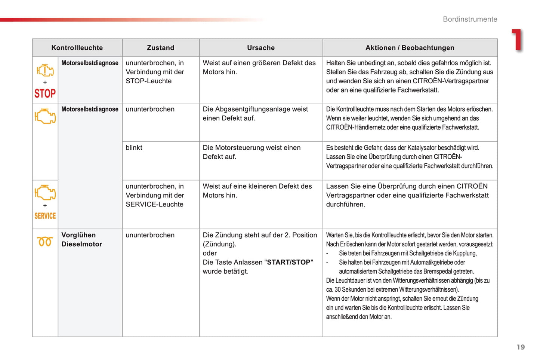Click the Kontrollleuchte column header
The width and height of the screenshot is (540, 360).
point(77,48)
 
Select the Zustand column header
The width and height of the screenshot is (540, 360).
point(160,48)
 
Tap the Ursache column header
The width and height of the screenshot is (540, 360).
point(261,48)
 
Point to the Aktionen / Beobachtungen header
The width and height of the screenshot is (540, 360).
point(410,48)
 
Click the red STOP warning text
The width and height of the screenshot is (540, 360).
point(45,93)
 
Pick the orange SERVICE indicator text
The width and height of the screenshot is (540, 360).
point(45,216)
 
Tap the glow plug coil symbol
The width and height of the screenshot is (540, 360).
point(45,242)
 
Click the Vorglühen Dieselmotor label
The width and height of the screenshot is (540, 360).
point(81,239)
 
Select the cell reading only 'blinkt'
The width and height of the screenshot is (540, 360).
point(134,148)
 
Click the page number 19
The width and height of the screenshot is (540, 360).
point(521,347)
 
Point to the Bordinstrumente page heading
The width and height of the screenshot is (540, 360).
point(470,19)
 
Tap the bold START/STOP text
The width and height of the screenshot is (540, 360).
point(288,262)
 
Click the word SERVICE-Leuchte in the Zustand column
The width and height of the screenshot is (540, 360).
point(154,204)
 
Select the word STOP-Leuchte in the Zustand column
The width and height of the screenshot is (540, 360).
point(148,81)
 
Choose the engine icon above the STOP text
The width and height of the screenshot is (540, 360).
point(45,70)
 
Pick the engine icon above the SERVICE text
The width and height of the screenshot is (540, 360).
point(45,193)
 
